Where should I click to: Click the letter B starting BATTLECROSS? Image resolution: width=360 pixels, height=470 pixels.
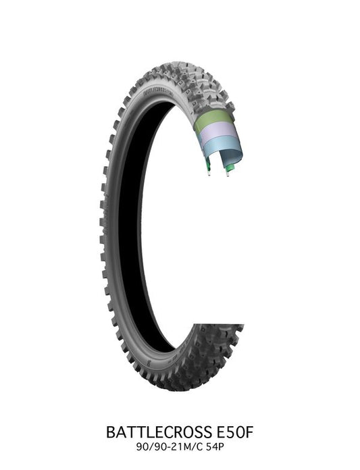(111, 430)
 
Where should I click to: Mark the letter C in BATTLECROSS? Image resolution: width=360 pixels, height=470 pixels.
(167, 430)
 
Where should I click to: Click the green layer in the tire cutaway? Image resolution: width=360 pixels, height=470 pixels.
(214, 122)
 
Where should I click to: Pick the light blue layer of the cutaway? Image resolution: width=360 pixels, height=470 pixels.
(220, 149)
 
